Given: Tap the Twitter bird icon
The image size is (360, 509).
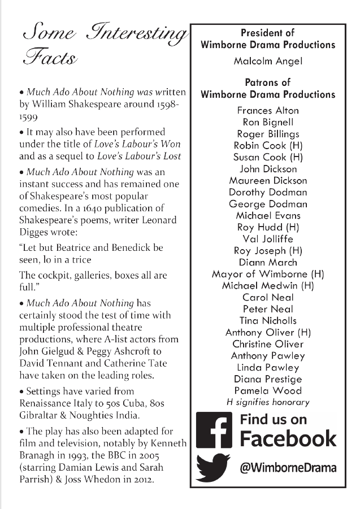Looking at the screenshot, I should pos(214,467).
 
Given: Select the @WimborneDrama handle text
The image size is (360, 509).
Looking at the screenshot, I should pos(288,468).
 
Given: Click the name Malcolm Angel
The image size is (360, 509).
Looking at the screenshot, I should pos(267,61).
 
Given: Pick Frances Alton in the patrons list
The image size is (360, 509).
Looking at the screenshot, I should pos(267,110).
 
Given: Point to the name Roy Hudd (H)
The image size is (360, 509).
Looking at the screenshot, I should pos(267,227).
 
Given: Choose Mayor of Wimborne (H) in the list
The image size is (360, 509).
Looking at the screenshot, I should pos(267,274).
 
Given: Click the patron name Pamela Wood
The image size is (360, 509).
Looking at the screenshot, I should pos(267,390).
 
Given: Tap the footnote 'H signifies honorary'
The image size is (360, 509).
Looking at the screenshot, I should pos(267,402).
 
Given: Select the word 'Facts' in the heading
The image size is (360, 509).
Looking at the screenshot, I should pos(50,58).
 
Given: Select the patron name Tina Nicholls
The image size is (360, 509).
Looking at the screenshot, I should pos(267,320).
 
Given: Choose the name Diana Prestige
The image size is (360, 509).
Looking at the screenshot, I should pos(267,379).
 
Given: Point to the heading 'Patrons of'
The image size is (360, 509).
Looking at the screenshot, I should pos(267,82).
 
